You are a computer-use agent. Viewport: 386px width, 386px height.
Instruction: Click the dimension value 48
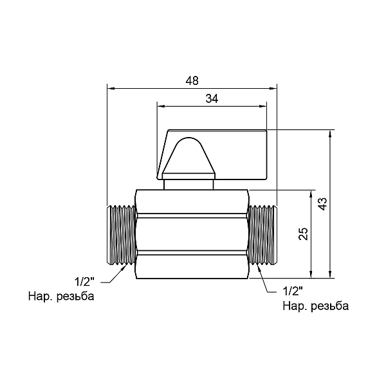(192, 80)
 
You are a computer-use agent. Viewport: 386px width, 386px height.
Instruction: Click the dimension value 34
(212, 98)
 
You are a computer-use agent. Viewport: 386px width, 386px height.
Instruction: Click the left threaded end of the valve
(121, 235)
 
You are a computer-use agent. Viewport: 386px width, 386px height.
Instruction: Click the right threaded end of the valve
(262, 235)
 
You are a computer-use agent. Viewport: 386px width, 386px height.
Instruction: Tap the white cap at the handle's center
(188, 158)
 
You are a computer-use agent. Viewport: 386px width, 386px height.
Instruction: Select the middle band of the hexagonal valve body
(192, 235)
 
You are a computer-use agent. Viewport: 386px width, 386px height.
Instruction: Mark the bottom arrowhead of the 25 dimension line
(313, 275)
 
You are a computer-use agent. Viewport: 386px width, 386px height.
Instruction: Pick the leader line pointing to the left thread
(115, 275)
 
